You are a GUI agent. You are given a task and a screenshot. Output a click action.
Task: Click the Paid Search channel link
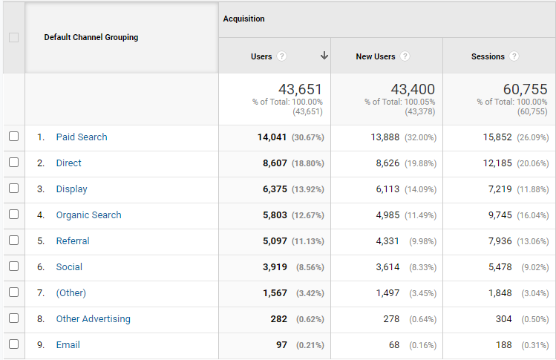(x=82, y=137)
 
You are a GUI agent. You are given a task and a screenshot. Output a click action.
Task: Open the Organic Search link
(x=88, y=215)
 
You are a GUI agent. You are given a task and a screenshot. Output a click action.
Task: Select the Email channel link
(x=68, y=344)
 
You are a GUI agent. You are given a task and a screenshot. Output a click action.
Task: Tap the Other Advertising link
(x=94, y=319)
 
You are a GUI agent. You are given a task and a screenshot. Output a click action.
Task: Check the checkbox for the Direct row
(x=14, y=163)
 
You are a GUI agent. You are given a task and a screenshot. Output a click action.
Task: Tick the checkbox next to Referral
(x=14, y=240)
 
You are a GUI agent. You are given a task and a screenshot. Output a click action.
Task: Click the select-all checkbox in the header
(x=14, y=37)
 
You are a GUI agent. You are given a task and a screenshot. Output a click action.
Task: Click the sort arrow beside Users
(x=324, y=56)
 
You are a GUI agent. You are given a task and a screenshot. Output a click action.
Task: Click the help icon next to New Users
(x=405, y=56)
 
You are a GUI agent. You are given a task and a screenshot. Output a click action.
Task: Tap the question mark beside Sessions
(x=514, y=56)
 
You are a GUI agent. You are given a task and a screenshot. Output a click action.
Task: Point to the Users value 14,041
(x=272, y=137)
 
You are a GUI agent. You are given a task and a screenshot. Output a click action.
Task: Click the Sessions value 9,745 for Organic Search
(x=500, y=215)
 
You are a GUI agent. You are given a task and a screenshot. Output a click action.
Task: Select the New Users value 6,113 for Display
(x=387, y=189)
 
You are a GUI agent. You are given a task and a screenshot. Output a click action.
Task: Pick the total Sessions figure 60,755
(x=525, y=89)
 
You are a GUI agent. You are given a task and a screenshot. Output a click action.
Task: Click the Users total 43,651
(x=301, y=89)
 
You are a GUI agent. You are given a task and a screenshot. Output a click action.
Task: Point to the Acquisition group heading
(x=244, y=19)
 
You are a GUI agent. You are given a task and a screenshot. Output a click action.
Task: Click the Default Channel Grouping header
(x=91, y=37)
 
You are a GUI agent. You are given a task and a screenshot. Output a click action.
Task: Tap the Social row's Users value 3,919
(x=275, y=267)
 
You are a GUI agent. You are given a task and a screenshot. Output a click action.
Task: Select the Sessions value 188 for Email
(x=503, y=344)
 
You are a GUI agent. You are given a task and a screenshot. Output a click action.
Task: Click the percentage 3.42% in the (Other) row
(x=310, y=293)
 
